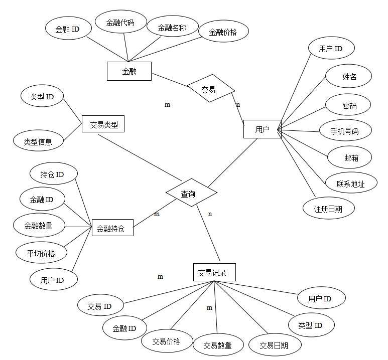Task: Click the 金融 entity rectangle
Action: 129,71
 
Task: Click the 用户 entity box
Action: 262,129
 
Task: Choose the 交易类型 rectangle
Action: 103,124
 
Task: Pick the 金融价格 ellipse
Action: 223,32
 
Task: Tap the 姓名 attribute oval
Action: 349,77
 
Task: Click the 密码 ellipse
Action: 349,105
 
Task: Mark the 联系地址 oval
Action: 350,184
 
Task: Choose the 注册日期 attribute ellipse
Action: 328,209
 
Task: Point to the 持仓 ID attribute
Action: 53,174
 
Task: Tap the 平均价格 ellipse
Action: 41,253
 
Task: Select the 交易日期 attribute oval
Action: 274,345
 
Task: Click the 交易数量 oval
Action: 217,345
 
